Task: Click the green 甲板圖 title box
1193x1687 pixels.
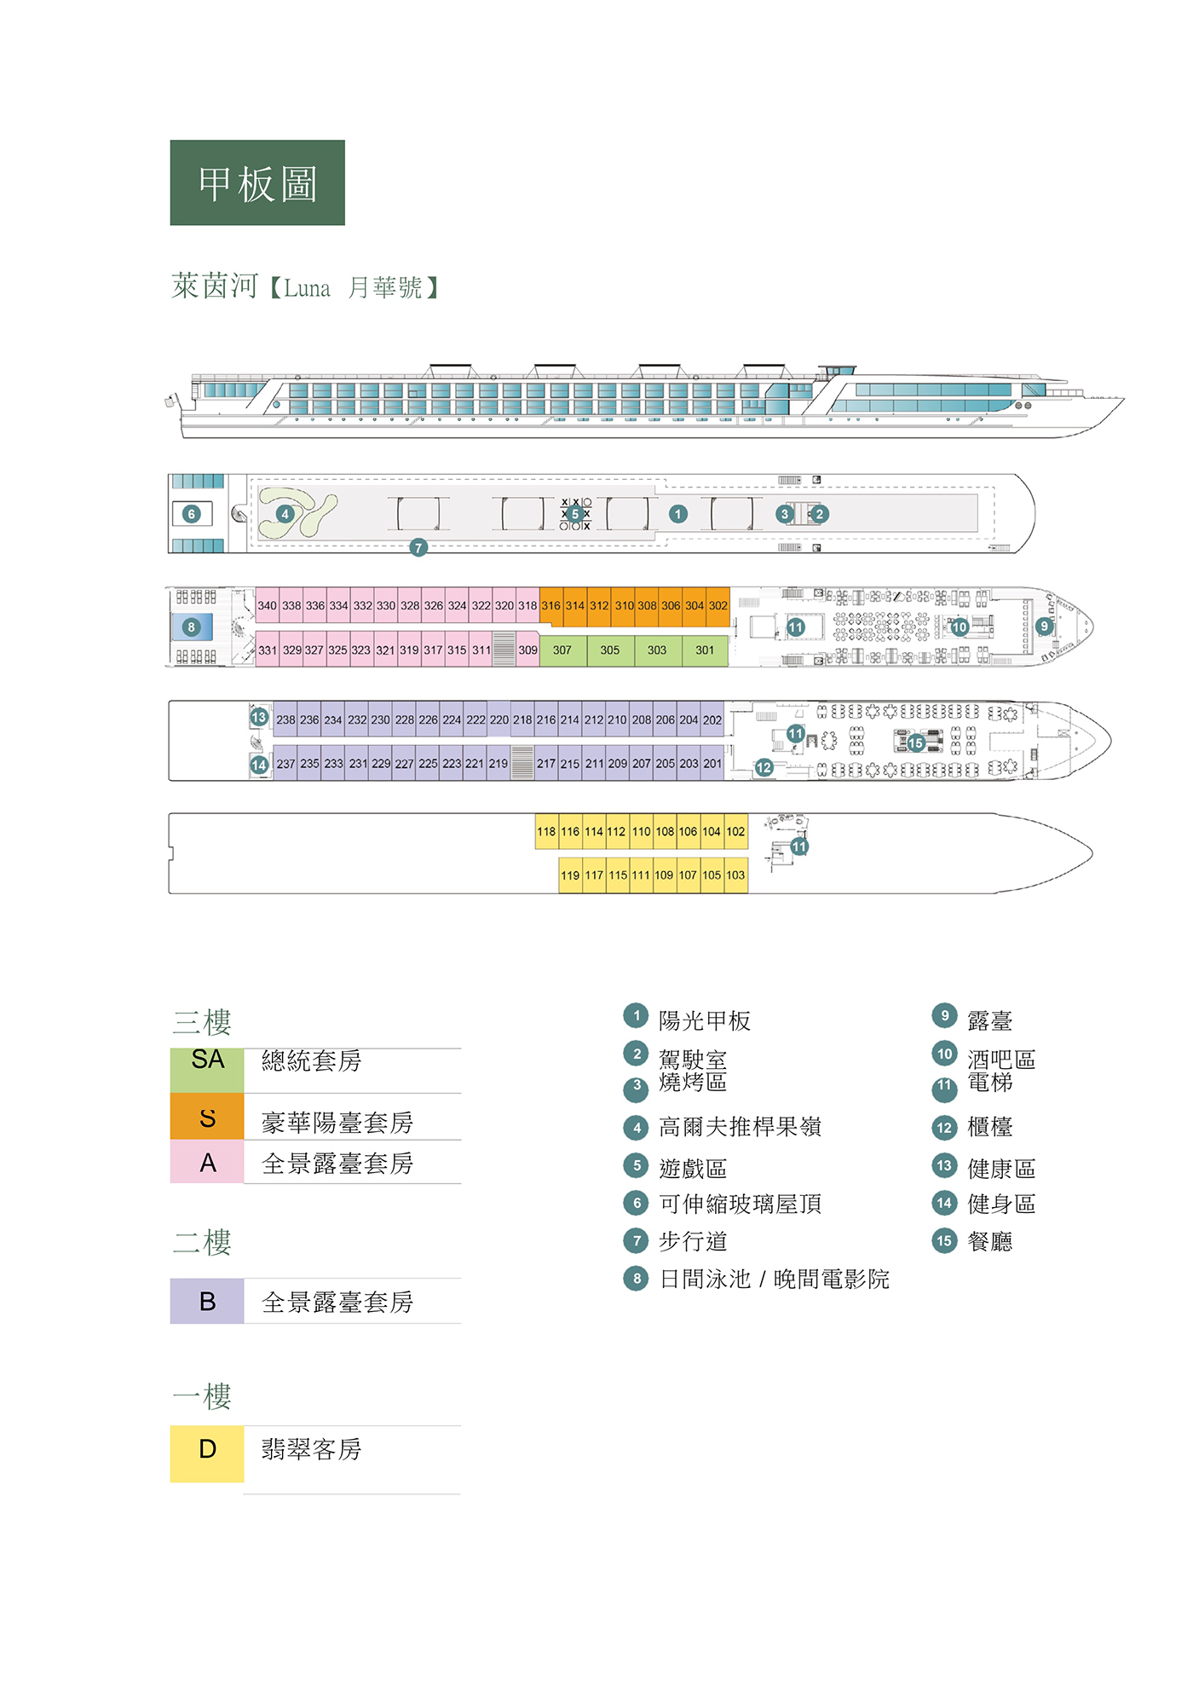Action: click(257, 182)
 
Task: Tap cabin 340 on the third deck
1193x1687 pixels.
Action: click(268, 605)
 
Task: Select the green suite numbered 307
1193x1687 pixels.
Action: click(562, 650)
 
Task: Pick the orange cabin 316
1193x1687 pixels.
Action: click(550, 605)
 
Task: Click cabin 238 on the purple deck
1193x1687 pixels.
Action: click(285, 719)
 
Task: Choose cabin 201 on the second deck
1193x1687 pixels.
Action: click(712, 763)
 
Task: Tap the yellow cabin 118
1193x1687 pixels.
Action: click(546, 831)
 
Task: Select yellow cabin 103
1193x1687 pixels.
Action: click(735, 875)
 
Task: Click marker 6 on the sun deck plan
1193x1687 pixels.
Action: click(192, 514)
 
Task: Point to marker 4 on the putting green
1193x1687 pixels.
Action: click(285, 514)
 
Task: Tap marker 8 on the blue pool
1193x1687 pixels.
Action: click(191, 627)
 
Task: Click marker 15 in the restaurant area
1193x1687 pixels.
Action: click(916, 743)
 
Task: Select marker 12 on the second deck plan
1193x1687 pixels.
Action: click(764, 768)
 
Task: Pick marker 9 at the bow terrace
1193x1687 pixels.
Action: click(1044, 627)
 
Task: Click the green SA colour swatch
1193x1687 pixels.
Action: click(207, 1071)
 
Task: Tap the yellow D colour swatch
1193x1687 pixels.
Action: click(207, 1454)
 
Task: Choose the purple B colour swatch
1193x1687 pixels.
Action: click(207, 1301)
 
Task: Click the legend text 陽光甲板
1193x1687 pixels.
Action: click(705, 1020)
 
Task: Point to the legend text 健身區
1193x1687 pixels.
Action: click(1001, 1204)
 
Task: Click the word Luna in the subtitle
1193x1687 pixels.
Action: click(307, 288)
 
